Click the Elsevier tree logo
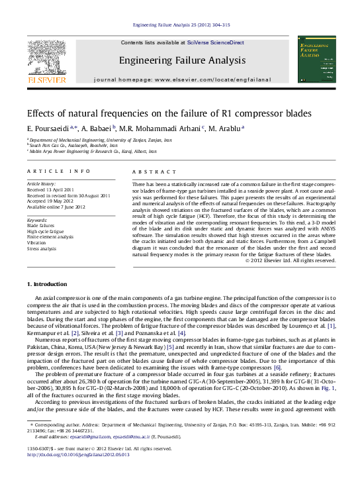(x=46, y=60)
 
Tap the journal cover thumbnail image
(x=316, y=60)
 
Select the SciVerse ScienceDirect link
(x=215, y=42)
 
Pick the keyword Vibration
(x=37, y=242)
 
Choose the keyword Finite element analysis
(x=50, y=236)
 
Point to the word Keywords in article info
(x=36, y=219)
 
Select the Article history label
(x=42, y=183)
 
